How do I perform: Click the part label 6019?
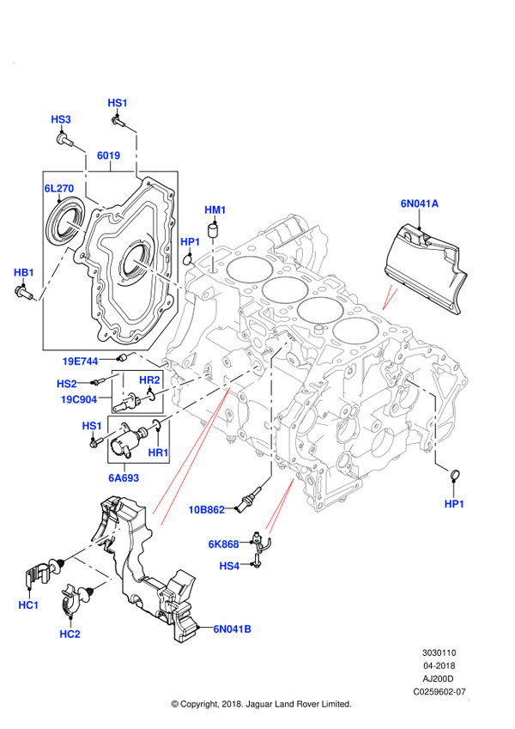[x=108, y=155]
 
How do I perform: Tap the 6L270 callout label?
[x=59, y=188]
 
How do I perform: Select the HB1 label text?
[x=24, y=272]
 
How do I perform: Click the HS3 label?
[x=61, y=119]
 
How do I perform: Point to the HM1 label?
[x=215, y=210]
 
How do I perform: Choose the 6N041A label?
[x=419, y=204]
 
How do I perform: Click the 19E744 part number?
[x=81, y=361]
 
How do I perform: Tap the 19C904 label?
[x=79, y=399]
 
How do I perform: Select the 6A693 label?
[x=124, y=477]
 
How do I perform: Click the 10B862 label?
[x=206, y=509]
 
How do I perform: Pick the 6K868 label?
[x=223, y=544]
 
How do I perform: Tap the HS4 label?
[x=230, y=566]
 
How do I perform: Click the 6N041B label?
[x=232, y=629]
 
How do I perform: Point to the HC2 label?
[x=70, y=634]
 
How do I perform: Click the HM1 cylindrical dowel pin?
[x=213, y=229]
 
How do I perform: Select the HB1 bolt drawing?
[x=22, y=293]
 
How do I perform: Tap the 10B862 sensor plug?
[x=250, y=500]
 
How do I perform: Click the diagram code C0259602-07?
[x=439, y=692]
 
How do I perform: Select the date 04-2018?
[x=439, y=665]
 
